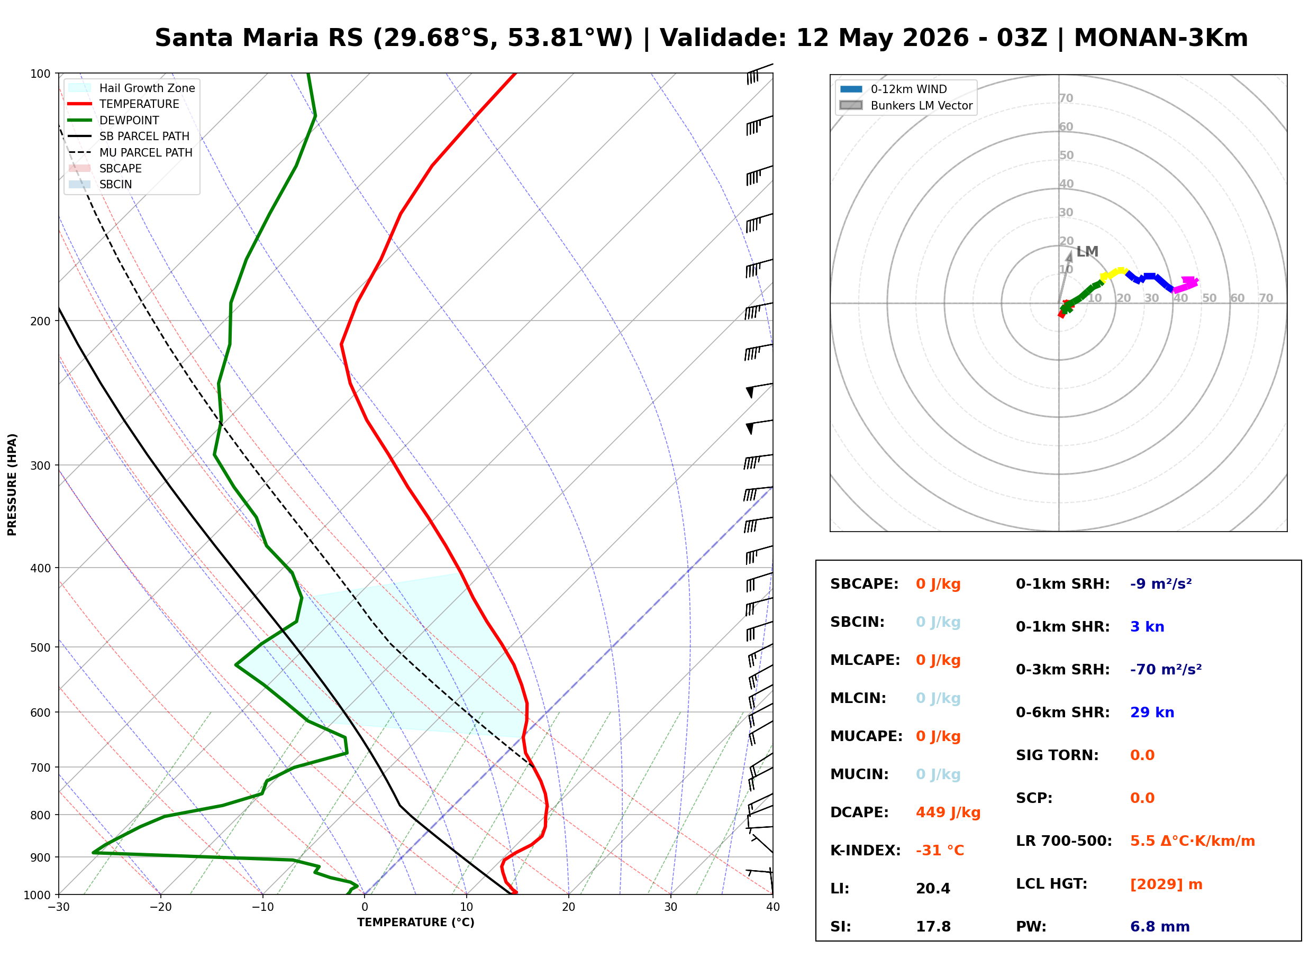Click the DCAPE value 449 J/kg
(x=948, y=812)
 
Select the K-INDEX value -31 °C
(x=940, y=850)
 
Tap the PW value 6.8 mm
(x=1160, y=926)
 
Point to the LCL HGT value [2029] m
(x=1166, y=884)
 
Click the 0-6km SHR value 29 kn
(x=1152, y=713)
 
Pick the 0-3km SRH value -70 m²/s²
(x=1166, y=669)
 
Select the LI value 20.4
(x=933, y=888)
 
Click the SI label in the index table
(x=840, y=926)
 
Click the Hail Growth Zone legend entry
(x=131, y=88)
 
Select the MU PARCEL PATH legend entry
(x=130, y=152)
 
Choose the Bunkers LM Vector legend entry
(x=906, y=105)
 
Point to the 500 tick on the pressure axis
(x=41, y=647)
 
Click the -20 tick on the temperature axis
(x=160, y=907)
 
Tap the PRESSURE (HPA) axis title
(x=12, y=484)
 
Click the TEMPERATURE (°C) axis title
(x=415, y=923)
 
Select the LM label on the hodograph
(x=1087, y=251)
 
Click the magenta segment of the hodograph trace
(x=1186, y=285)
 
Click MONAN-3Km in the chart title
(x=1161, y=38)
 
